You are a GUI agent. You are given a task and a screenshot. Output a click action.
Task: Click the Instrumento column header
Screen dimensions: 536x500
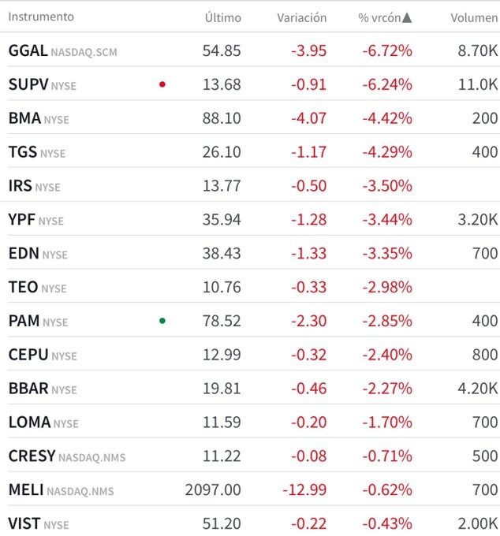tap(41, 17)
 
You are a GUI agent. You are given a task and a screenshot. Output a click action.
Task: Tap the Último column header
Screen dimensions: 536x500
tap(222, 17)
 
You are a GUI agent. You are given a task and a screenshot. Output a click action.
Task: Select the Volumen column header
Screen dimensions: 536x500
tap(474, 17)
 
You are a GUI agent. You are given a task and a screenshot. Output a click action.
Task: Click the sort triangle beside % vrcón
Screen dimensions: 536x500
tap(407, 17)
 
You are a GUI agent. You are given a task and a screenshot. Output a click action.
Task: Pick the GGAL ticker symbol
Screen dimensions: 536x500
tap(28, 51)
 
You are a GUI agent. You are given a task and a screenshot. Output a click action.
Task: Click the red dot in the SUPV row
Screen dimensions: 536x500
tap(162, 84)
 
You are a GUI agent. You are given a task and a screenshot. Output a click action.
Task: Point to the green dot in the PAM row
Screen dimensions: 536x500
tap(162, 321)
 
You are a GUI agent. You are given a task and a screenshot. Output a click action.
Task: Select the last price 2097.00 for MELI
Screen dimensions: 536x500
tap(213, 489)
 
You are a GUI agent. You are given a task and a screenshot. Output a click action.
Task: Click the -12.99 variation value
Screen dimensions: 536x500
tap(304, 489)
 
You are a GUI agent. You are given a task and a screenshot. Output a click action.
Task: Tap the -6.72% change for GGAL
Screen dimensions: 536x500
tap(387, 51)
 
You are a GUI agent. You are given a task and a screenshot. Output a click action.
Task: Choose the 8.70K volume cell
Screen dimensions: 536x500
tap(477, 51)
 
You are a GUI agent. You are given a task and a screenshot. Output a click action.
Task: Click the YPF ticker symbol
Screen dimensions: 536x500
tap(21, 220)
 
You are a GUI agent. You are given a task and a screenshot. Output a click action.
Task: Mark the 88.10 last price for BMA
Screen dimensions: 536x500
tap(222, 118)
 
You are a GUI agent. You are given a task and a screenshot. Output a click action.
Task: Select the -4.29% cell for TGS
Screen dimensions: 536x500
tap(387, 152)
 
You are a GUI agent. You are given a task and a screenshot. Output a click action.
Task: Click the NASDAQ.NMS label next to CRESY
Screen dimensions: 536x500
tap(91, 457)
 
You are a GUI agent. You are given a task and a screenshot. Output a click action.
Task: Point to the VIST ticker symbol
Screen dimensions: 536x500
tap(24, 523)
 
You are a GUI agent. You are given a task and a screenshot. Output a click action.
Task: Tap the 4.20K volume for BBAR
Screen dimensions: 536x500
tap(477, 389)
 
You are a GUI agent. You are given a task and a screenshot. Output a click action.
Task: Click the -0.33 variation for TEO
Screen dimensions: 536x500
tap(308, 287)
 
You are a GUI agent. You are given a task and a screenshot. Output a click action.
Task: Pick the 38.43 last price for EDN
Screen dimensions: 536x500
tap(222, 254)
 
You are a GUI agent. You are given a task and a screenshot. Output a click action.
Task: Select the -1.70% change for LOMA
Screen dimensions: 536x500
tap(387, 422)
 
